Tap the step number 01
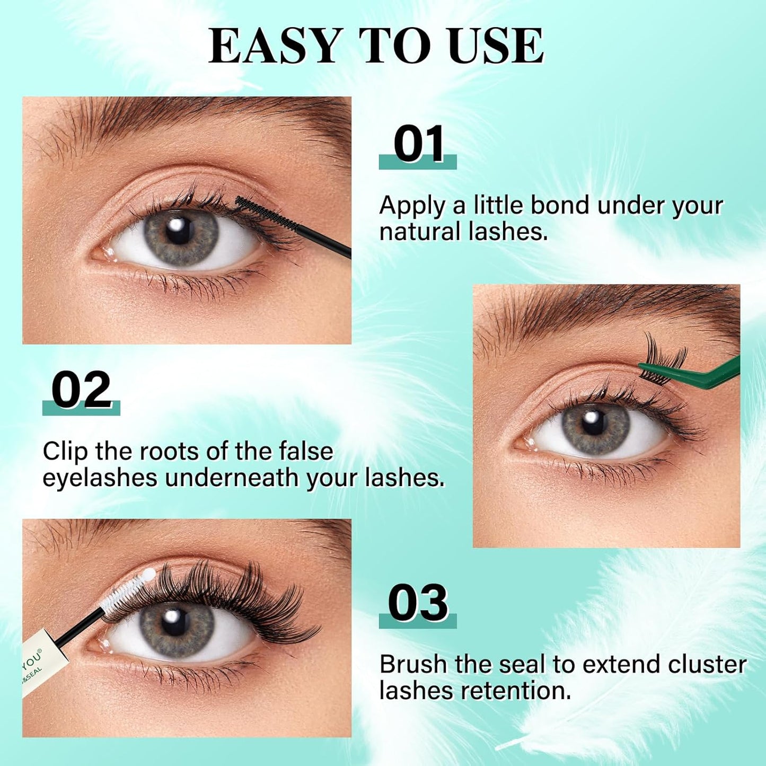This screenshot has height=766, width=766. point(419,145)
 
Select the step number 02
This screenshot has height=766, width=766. point(82,391)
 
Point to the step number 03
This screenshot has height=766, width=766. point(418,604)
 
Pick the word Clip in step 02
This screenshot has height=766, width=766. point(65,452)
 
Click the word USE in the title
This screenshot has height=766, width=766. point(495,46)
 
